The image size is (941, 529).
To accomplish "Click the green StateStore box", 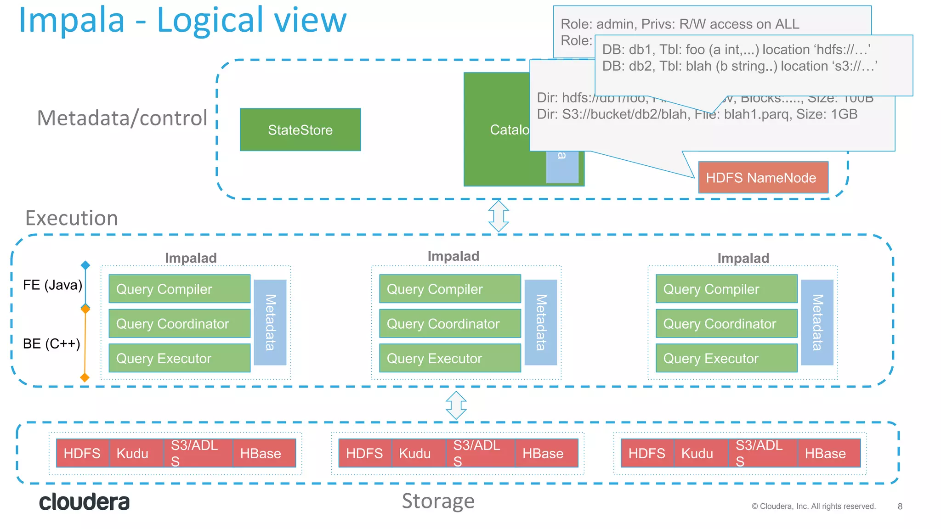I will [x=300, y=129].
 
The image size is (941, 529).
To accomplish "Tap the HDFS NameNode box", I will [x=763, y=177].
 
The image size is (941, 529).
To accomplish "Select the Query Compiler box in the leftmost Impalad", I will [x=179, y=289].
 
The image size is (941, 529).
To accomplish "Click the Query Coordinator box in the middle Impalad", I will [x=450, y=323].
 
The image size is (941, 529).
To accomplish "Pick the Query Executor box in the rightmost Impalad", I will [x=726, y=358].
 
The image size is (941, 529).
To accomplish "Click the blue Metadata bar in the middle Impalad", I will [x=540, y=322].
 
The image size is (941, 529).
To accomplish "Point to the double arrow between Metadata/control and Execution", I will [x=499, y=216].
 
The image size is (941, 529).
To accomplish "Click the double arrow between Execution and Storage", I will [x=456, y=405].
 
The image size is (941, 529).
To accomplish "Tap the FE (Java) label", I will [x=52, y=285].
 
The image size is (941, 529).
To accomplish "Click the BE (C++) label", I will [x=51, y=343].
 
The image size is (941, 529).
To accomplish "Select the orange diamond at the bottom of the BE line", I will [x=85, y=377].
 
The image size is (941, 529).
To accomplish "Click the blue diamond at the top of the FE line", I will [x=85, y=265].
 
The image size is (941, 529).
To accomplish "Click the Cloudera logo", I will [x=84, y=502].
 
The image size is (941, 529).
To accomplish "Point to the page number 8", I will [x=900, y=506].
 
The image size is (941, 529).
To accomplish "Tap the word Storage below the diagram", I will [x=438, y=501].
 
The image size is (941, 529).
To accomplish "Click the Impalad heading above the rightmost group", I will [x=743, y=258].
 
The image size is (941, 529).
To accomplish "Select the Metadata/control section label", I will [x=122, y=118].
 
